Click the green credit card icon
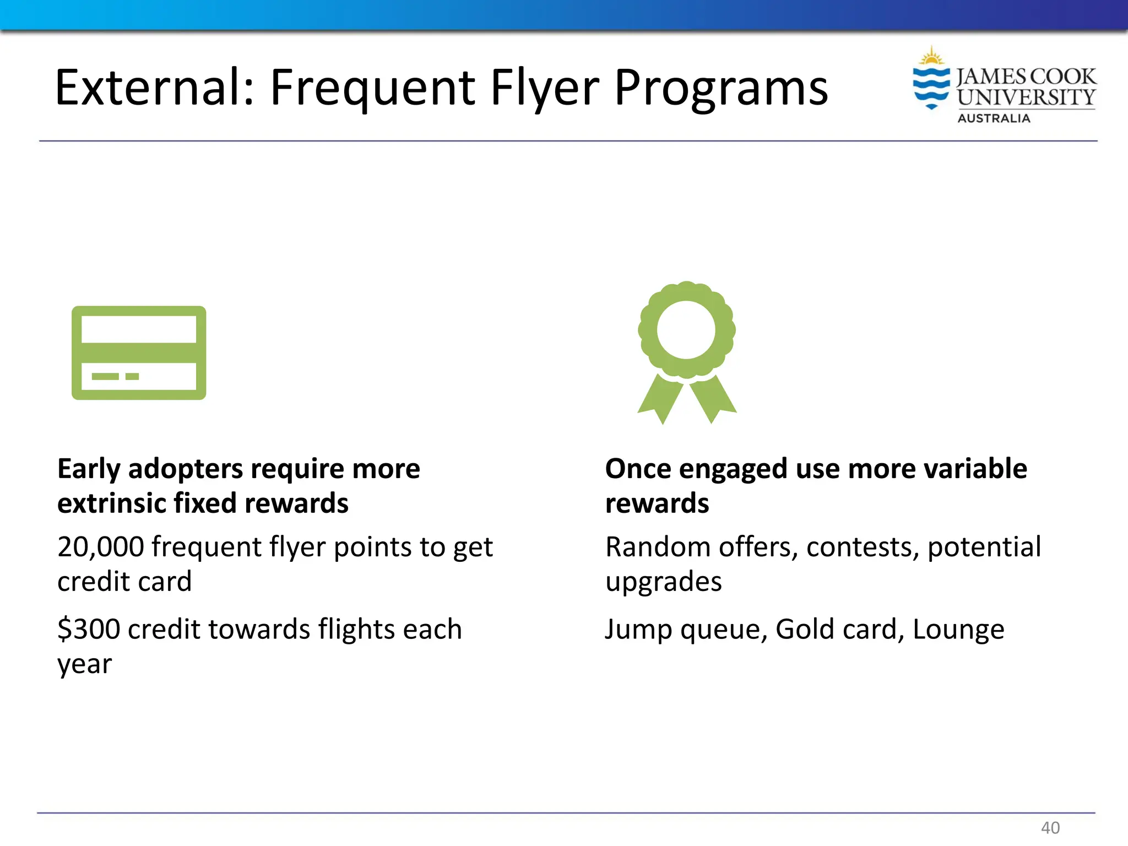139,352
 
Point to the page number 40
1050,827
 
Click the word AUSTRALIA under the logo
994,118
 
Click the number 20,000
100,547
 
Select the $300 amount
88,629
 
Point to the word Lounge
958,630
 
